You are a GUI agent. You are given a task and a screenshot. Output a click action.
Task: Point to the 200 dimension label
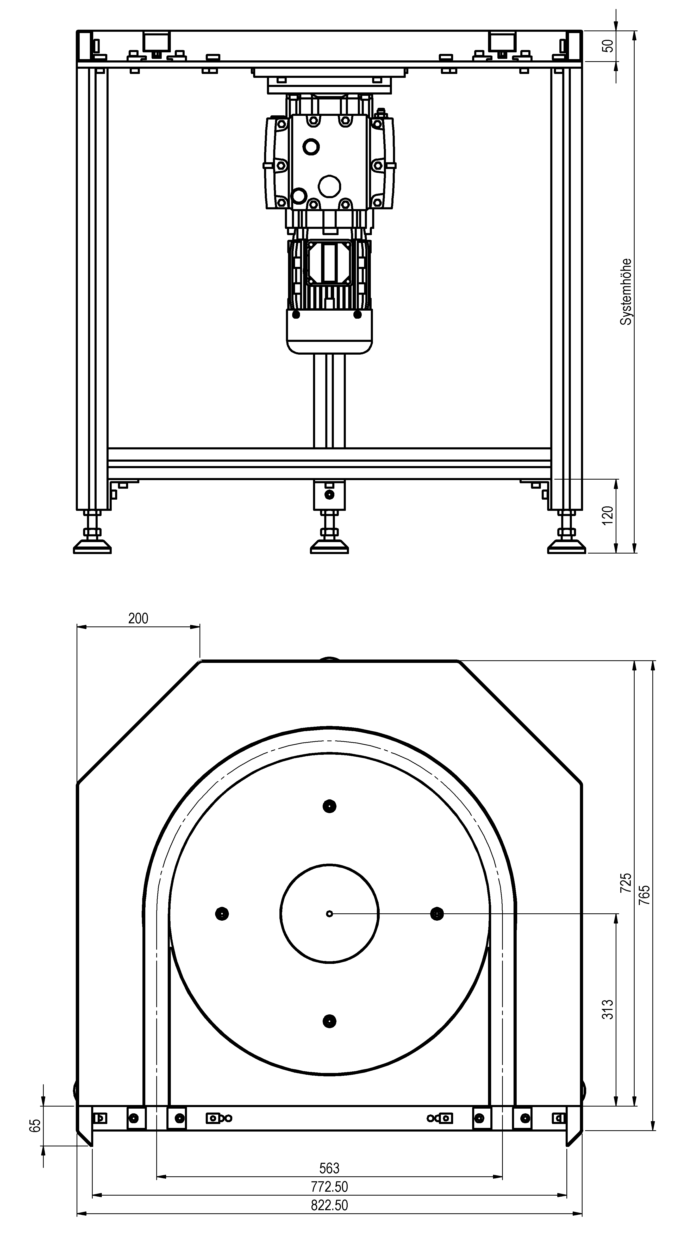click(138, 618)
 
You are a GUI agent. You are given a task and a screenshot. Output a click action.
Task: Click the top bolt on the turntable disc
click(330, 806)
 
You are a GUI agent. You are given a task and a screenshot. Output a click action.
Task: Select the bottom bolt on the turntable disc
click(330, 1021)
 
